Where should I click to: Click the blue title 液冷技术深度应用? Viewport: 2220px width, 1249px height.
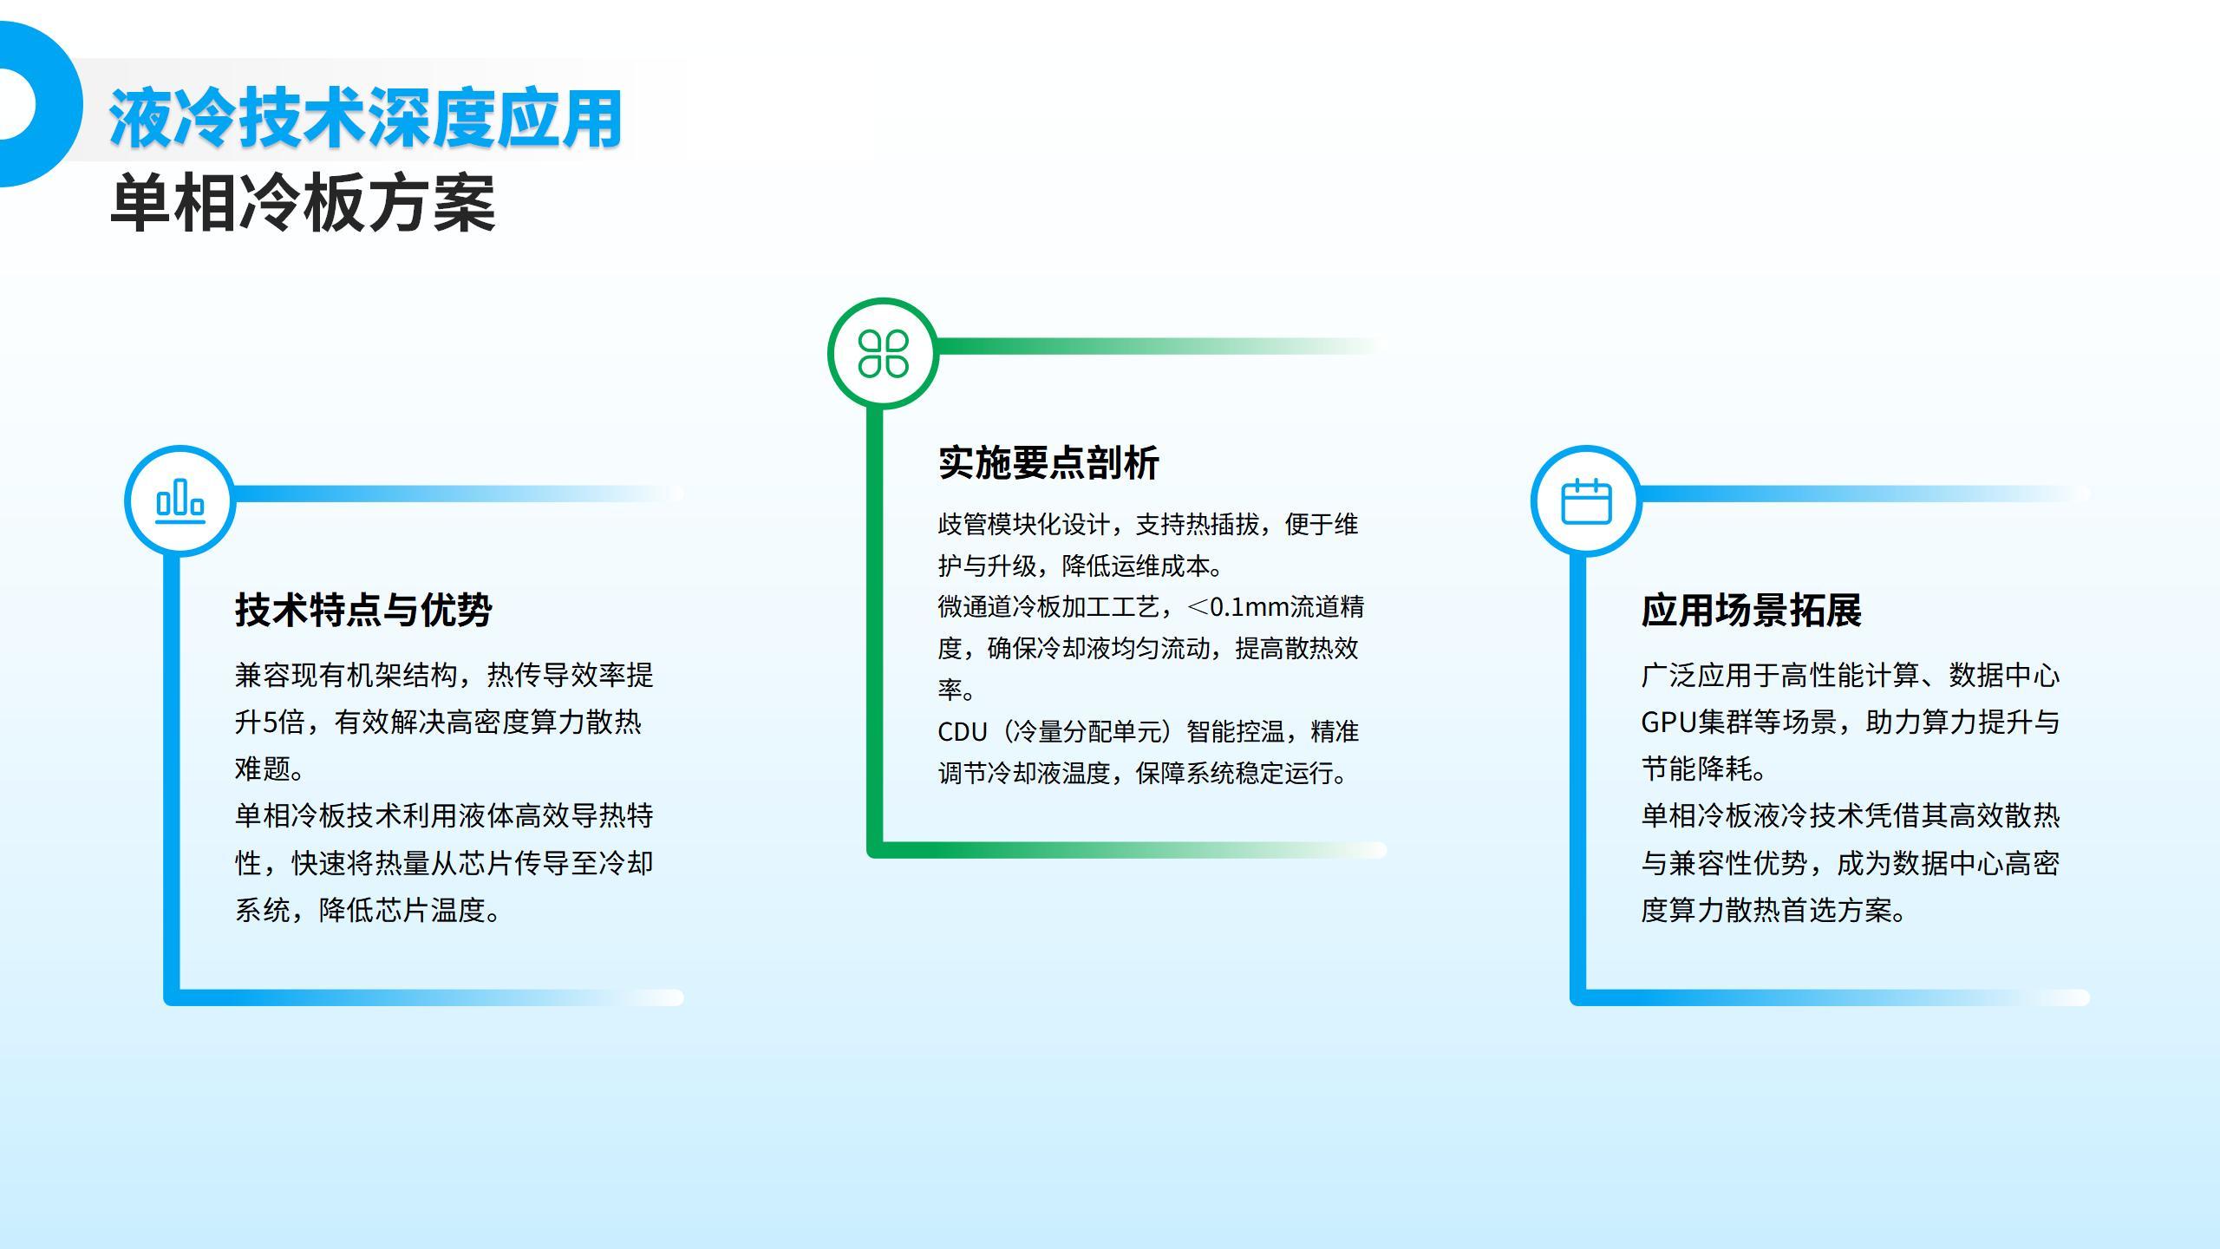point(365,118)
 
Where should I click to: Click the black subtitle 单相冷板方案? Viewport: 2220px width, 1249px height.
point(303,203)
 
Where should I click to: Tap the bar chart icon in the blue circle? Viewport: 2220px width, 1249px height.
point(180,501)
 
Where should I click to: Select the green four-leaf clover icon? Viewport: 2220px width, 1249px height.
point(883,354)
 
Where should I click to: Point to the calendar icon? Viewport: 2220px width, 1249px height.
point(1586,501)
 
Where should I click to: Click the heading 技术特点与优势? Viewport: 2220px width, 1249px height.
point(363,610)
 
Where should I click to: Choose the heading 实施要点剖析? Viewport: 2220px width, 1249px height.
point(1048,463)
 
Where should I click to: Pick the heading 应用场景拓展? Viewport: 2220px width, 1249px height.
point(1751,610)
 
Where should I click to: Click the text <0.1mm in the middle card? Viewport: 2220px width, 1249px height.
point(1237,607)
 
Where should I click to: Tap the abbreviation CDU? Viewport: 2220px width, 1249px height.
point(963,732)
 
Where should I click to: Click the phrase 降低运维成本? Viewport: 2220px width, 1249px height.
point(1135,566)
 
